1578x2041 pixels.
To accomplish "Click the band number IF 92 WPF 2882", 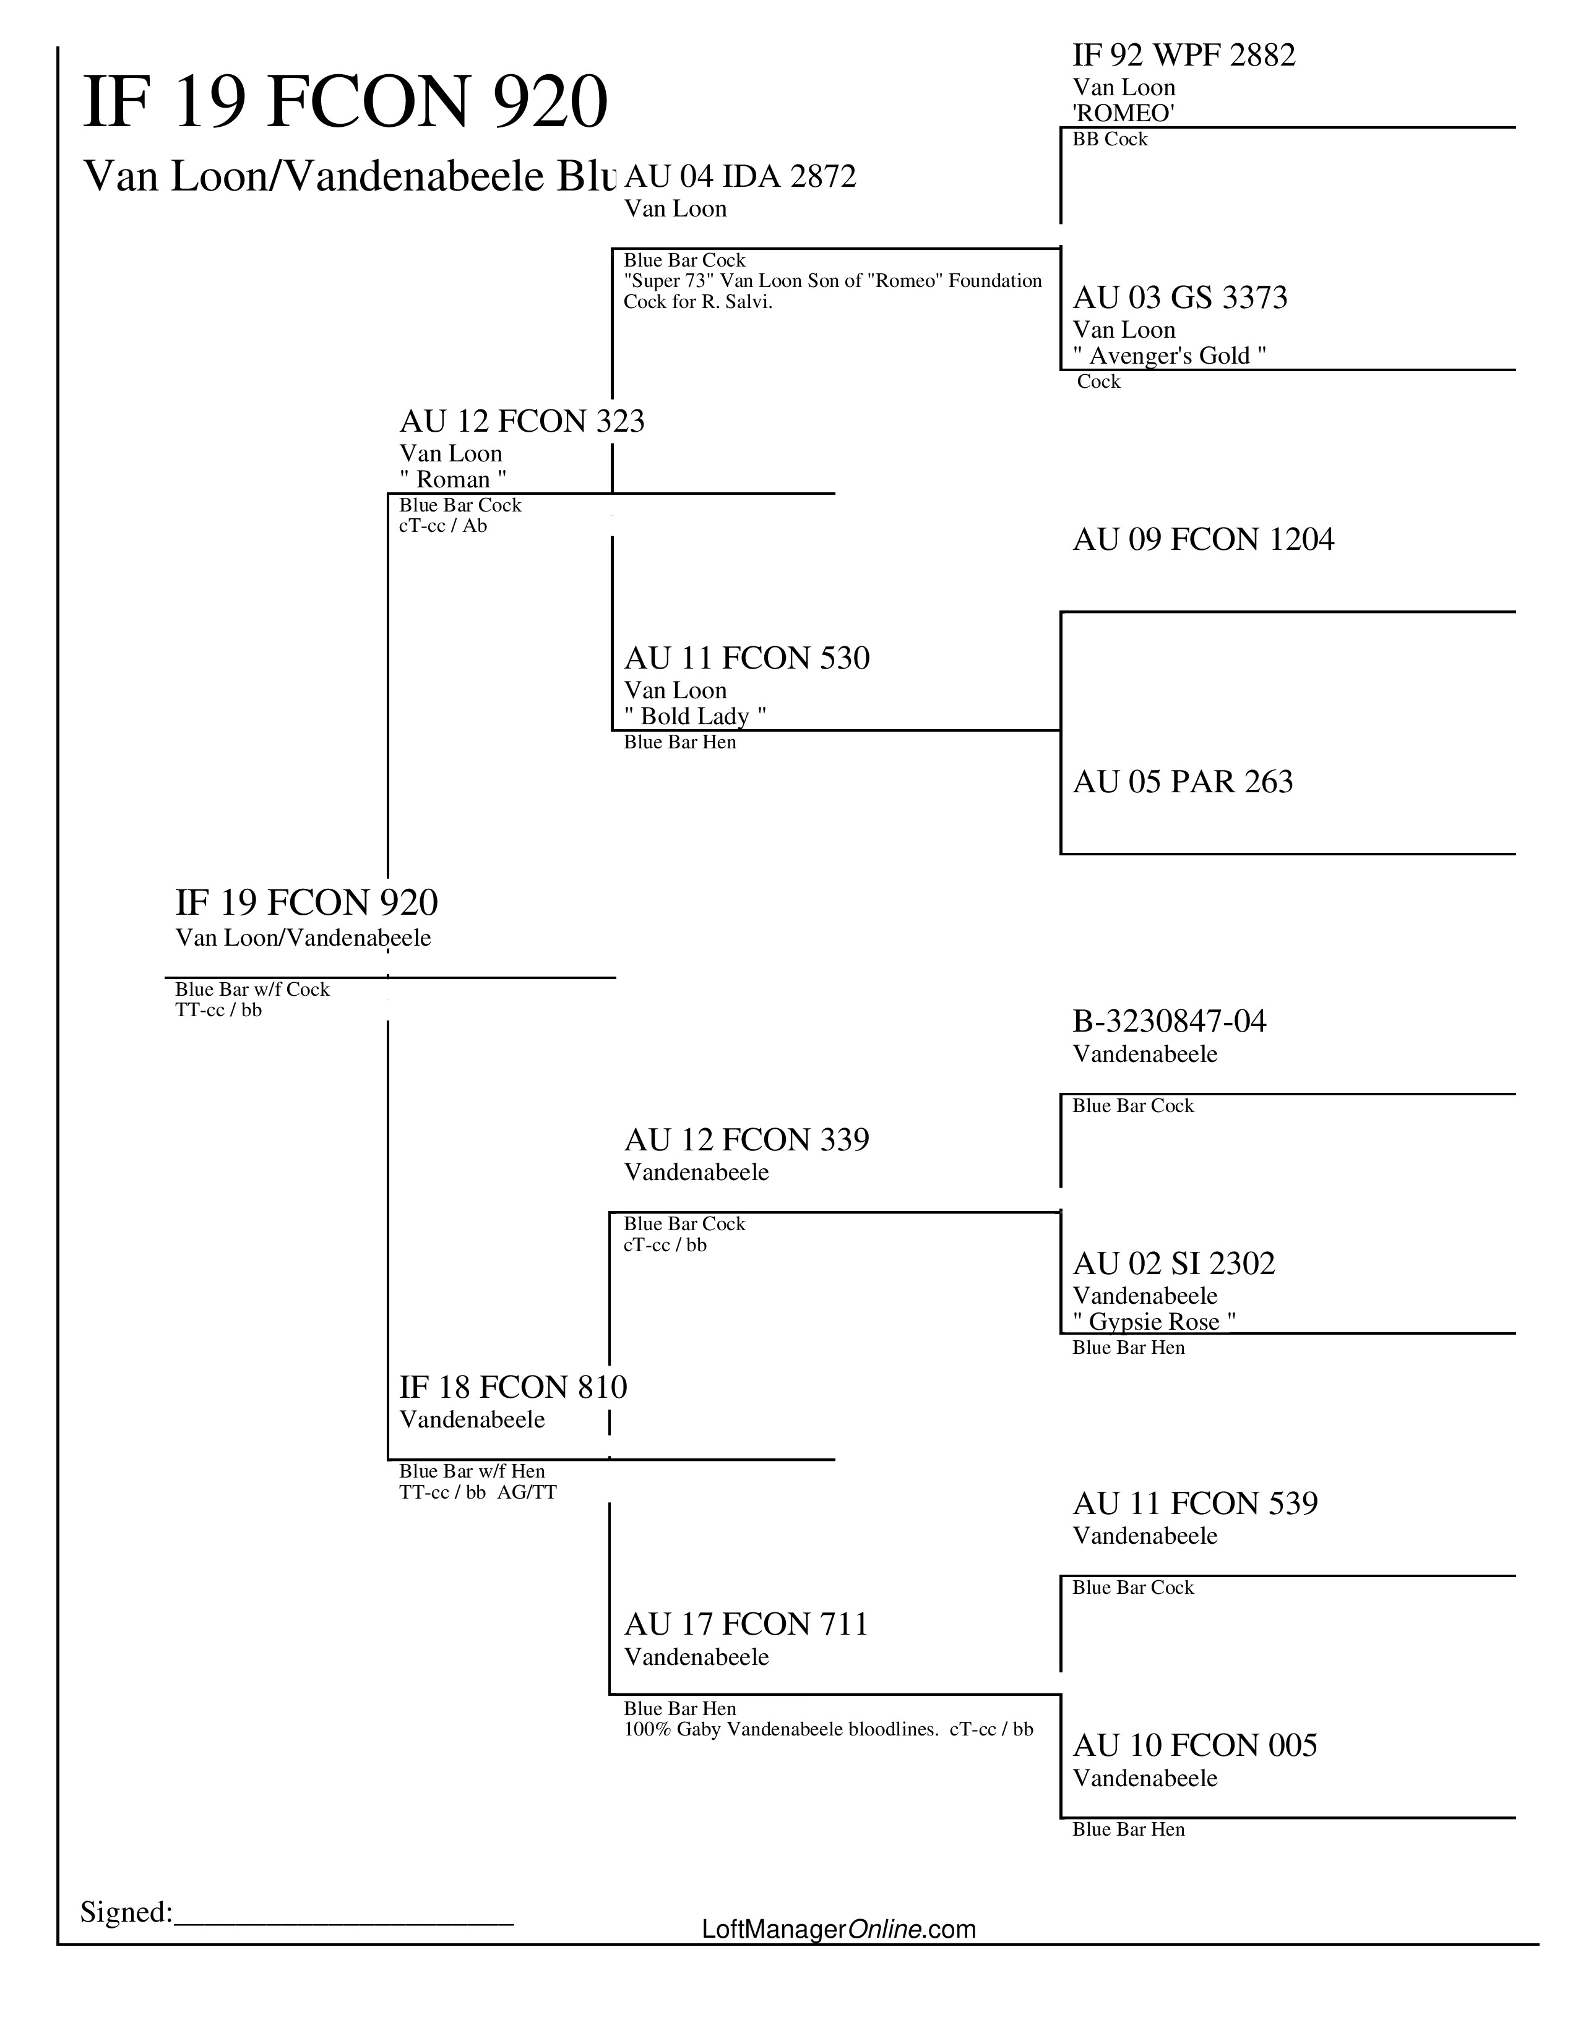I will (1183, 56).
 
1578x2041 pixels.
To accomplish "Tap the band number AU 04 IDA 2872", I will (739, 177).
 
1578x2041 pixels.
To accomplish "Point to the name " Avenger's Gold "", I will (1170, 356).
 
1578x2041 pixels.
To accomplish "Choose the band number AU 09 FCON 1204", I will (1203, 540).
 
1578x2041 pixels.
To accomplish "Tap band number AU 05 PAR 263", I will (1183, 782).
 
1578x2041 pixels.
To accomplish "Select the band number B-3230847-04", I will (1170, 1022).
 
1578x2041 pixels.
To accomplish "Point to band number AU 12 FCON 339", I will (746, 1140).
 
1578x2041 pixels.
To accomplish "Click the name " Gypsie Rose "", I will (1155, 1322).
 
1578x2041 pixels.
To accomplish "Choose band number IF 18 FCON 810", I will (513, 1387).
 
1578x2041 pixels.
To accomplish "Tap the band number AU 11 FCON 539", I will (1195, 1504).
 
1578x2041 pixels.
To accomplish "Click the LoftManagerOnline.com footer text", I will (839, 1929).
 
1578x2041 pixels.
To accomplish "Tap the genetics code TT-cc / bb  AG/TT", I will (478, 1492).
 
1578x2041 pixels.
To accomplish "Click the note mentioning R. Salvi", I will (832, 291).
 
